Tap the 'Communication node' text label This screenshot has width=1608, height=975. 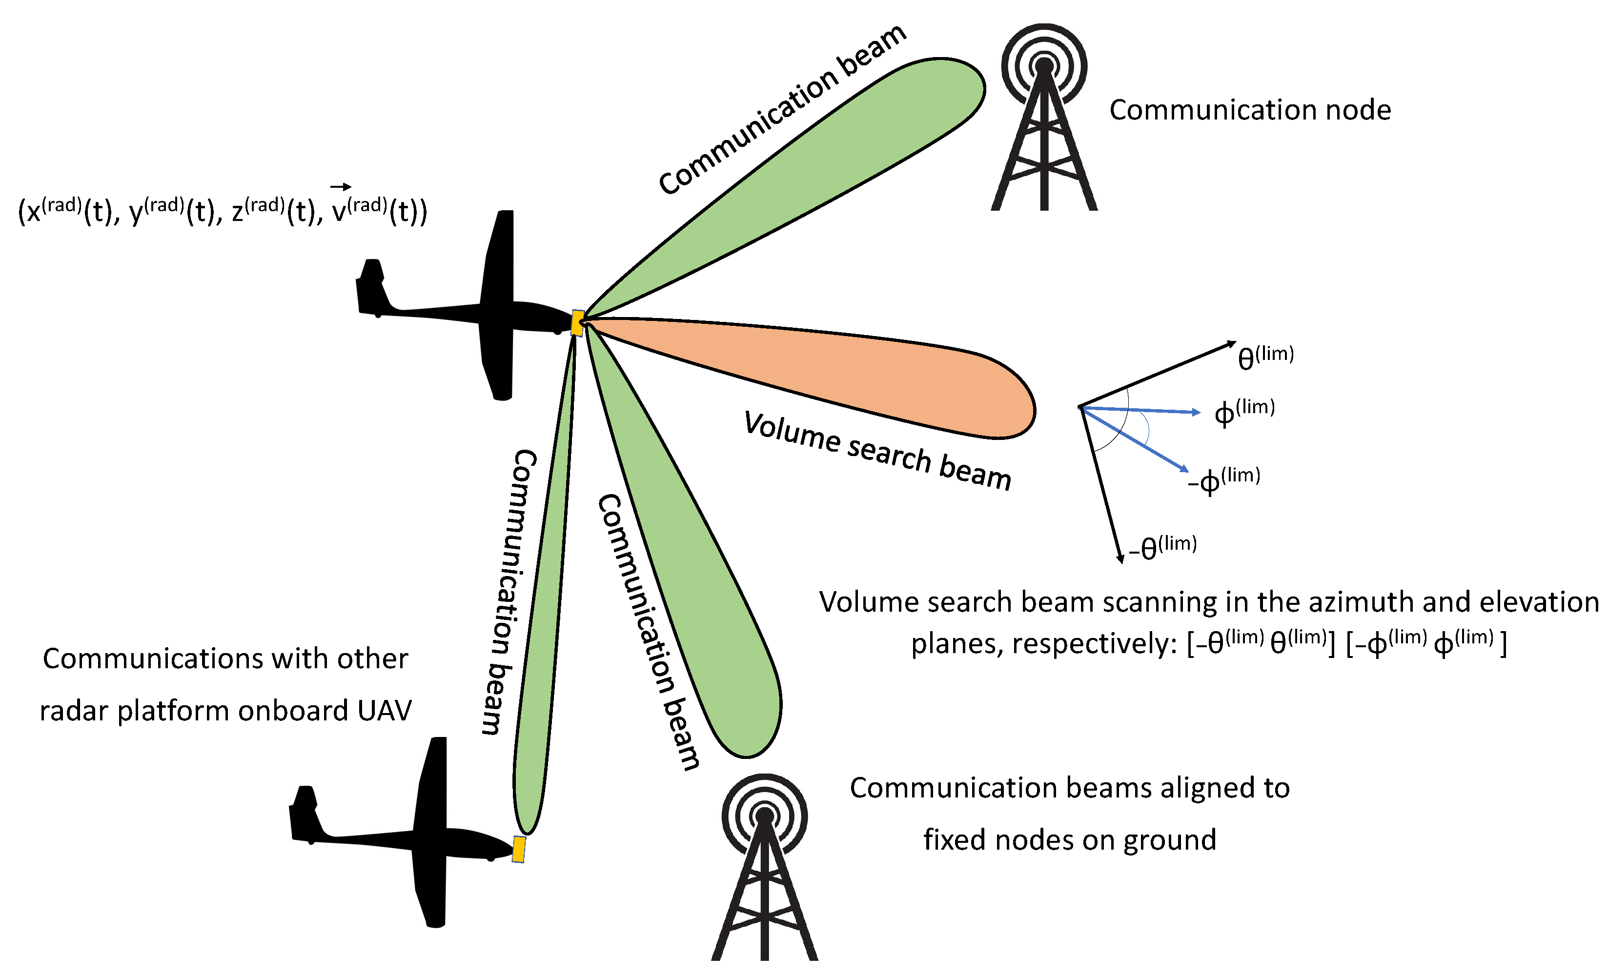coord(1250,110)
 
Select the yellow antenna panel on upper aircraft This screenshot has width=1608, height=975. coord(577,323)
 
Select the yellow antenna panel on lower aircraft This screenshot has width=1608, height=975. coord(519,849)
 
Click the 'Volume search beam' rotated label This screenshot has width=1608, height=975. coord(878,450)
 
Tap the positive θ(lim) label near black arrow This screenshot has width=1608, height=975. coord(1265,358)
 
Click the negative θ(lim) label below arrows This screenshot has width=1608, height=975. coord(1163,547)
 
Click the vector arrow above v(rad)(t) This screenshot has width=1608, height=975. coord(341,187)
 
